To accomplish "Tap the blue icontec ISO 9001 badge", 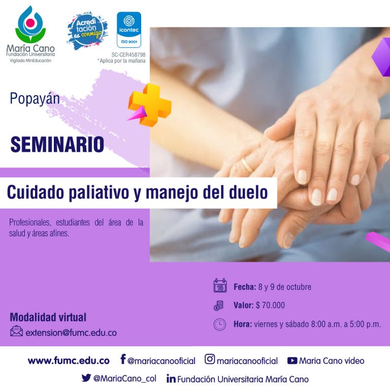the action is click(129, 29).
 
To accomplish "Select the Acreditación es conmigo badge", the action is click(87, 30).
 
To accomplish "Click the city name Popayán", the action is click(35, 99).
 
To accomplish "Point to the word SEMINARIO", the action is click(57, 144).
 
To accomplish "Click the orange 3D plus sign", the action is click(150, 105).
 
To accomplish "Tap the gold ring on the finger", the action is click(247, 166).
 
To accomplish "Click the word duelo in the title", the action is click(248, 192).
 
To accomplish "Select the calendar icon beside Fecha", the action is click(220, 285).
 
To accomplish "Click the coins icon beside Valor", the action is click(219, 305).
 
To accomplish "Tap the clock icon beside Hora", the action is click(220, 324).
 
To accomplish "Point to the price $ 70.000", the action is click(270, 305).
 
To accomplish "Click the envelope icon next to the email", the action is click(16, 331).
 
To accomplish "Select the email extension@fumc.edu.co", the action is click(71, 333).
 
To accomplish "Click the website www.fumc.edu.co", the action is click(69, 361).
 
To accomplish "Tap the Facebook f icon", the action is click(123, 359).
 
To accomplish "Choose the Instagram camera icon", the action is click(210, 359).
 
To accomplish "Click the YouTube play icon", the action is click(292, 361).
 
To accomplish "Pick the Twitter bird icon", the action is click(86, 378).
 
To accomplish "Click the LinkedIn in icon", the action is click(171, 378).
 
